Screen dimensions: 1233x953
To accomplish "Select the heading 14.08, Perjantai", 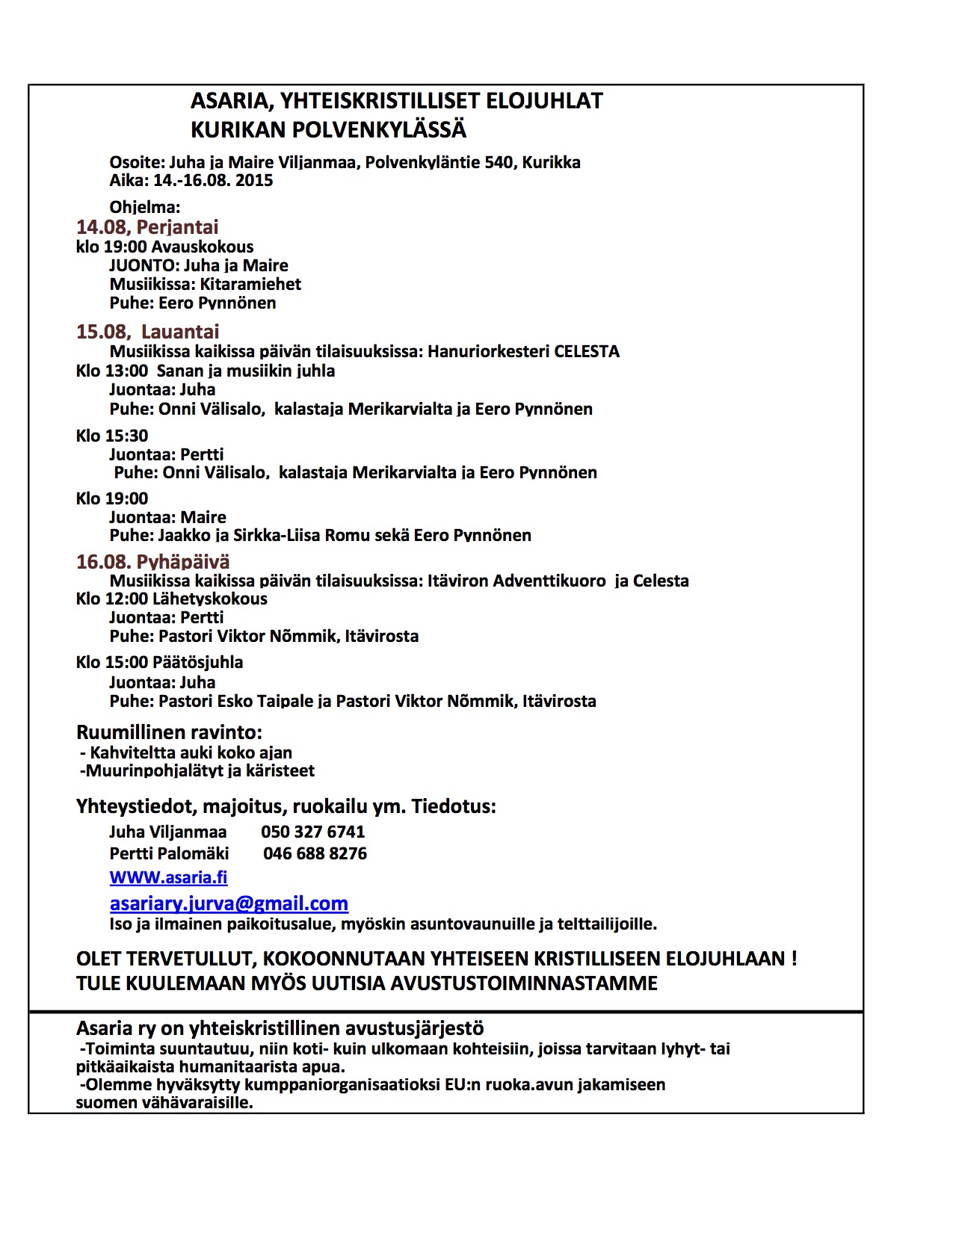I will click(147, 227).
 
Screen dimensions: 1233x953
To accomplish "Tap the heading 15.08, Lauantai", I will click(147, 332).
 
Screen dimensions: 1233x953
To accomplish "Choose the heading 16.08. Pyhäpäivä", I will click(152, 562).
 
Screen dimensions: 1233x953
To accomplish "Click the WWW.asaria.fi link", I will click(168, 877).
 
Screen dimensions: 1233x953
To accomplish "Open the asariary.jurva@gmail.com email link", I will click(229, 903).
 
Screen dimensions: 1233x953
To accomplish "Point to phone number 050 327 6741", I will click(312, 832).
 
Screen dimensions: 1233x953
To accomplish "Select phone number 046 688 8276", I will click(315, 853).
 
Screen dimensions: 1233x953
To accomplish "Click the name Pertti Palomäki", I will click(169, 853).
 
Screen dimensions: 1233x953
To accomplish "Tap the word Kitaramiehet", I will click(250, 284).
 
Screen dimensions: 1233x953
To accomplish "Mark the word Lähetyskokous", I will click(209, 599).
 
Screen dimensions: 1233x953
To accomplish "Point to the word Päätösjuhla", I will click(197, 662).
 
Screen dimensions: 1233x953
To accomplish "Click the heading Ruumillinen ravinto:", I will click(169, 732).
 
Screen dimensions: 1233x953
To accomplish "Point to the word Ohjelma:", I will click(145, 207).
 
